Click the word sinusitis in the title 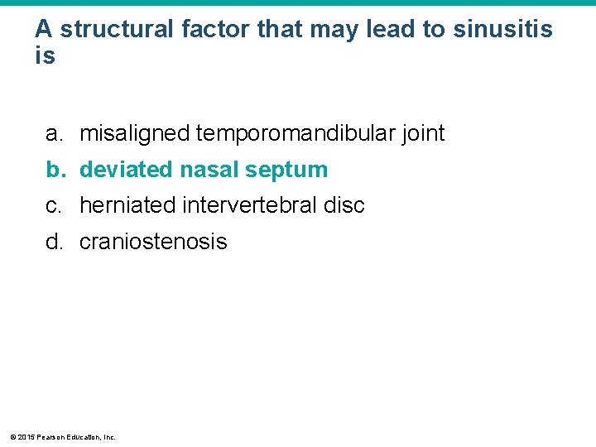coord(502,30)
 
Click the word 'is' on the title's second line coord(45,56)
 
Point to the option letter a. coord(55,133)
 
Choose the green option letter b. coord(55,170)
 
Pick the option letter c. coord(55,205)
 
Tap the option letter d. coord(55,242)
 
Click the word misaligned coord(135,133)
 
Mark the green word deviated coord(126,170)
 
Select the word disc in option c coord(346,205)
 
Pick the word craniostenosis coord(153,242)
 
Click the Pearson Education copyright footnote coord(62,436)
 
